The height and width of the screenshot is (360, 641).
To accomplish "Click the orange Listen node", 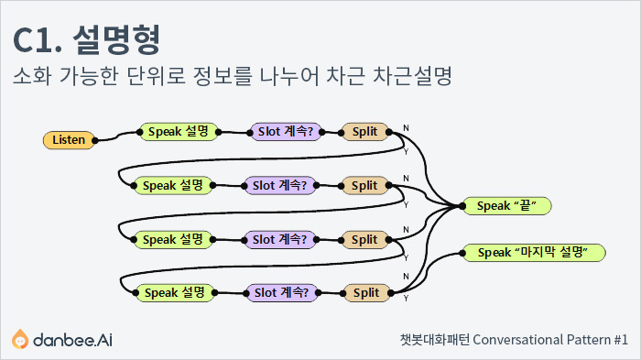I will tap(69, 139).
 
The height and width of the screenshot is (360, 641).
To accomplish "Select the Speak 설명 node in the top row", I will tap(179, 132).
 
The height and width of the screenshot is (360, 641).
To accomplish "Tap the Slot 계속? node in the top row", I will tap(286, 132).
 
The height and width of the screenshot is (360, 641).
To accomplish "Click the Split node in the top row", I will tap(364, 132).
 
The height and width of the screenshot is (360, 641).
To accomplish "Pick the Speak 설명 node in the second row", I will tap(173, 185).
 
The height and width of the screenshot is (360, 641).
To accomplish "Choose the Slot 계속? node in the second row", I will tap(280, 185).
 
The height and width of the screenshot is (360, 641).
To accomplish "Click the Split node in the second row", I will tap(364, 185).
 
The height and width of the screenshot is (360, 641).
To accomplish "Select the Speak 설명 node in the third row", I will tap(173, 239).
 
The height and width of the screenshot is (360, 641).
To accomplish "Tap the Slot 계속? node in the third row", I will tap(280, 239).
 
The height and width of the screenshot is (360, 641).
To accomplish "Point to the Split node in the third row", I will tap(364, 239).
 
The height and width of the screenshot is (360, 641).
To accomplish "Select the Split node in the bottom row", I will tap(365, 293).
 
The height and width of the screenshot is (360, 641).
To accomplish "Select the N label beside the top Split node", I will tap(406, 126).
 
